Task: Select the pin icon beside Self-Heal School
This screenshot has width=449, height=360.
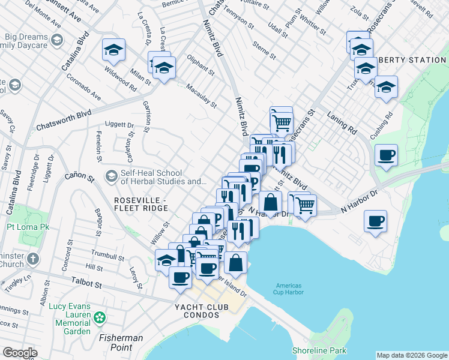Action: (110, 176)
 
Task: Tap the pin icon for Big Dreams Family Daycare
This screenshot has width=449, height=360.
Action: (57, 40)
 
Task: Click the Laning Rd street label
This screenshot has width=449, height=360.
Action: (342, 120)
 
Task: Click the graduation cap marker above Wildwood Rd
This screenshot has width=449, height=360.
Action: (113, 50)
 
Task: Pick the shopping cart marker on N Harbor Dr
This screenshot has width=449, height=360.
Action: (305, 204)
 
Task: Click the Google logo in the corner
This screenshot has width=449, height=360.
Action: (19, 353)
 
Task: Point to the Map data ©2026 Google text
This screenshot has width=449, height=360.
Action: (411, 355)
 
